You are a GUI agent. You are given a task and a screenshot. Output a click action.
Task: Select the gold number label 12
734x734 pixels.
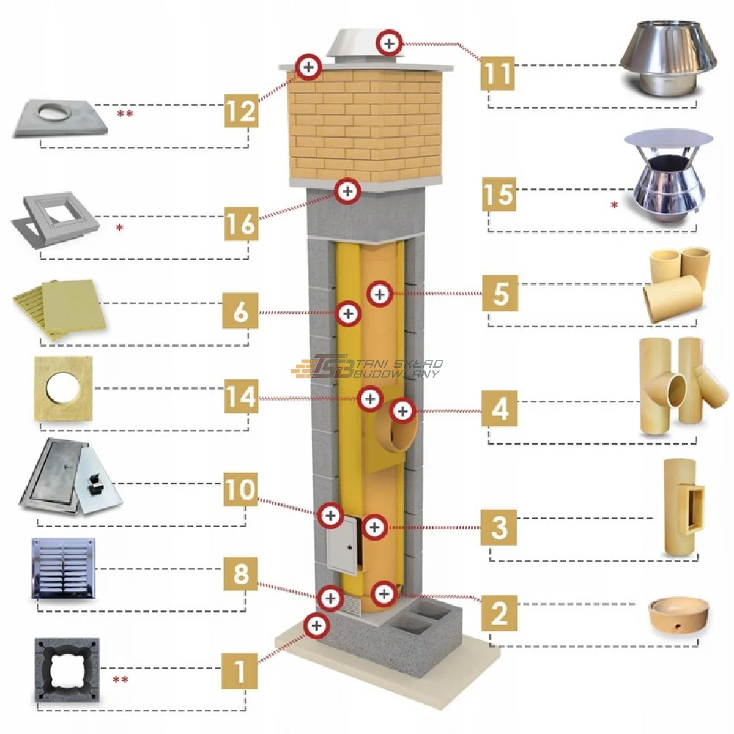pyautogui.click(x=240, y=111)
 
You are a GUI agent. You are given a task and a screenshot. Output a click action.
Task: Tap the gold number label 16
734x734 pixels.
pyautogui.click(x=240, y=223)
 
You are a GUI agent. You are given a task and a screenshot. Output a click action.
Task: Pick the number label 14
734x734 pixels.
pyautogui.click(x=240, y=396)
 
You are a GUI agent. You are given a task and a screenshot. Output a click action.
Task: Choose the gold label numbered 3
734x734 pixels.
pyautogui.click(x=499, y=527)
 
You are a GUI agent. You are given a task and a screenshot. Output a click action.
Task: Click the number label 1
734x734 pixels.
pyautogui.click(x=239, y=670)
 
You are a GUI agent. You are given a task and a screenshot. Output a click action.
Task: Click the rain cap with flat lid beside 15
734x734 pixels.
pyautogui.click(x=668, y=177)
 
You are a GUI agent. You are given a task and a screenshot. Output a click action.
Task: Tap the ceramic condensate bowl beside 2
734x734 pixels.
pyautogui.click(x=680, y=616)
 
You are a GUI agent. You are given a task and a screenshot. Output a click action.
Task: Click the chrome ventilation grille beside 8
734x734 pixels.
pyautogui.click(x=64, y=568)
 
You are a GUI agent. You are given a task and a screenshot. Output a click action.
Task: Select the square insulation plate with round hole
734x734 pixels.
pyautogui.click(x=63, y=389)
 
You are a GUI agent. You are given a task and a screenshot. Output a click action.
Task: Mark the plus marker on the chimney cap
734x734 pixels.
pyautogui.click(x=389, y=43)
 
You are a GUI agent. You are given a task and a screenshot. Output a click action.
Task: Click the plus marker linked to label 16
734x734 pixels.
pyautogui.click(x=347, y=191)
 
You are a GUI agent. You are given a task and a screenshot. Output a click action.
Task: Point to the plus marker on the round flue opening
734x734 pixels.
pyautogui.click(x=402, y=411)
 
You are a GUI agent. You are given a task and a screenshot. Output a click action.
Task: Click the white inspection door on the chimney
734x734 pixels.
pyautogui.click(x=341, y=544)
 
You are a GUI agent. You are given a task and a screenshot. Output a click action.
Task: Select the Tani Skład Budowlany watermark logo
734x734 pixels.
pyautogui.click(x=367, y=367)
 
